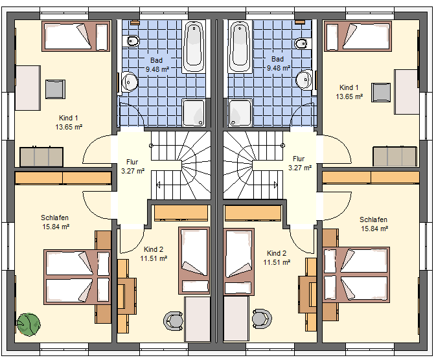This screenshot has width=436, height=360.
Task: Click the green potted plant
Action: click(x=29, y=324)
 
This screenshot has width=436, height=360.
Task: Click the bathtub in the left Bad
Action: click(x=194, y=47)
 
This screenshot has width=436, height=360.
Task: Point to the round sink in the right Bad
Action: click(x=304, y=80)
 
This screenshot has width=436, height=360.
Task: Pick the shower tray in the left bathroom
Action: click(x=194, y=113)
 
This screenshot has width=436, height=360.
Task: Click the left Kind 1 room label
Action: click(x=69, y=118)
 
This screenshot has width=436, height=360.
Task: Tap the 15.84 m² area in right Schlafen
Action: click(x=374, y=229)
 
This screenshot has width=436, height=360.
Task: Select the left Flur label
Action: click(x=132, y=162)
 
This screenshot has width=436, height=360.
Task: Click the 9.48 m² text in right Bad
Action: click(x=279, y=68)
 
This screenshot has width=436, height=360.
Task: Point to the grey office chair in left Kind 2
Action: click(x=174, y=321)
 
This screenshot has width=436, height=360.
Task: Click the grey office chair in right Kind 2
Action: click(x=262, y=319)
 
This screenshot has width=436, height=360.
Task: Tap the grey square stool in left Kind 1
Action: click(x=55, y=89)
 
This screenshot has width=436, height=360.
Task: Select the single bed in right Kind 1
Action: click(x=358, y=36)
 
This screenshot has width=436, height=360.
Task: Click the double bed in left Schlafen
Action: click(x=77, y=277)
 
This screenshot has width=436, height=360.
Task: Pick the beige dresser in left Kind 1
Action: click(x=41, y=157)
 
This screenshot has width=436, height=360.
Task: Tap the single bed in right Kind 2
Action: click(x=238, y=262)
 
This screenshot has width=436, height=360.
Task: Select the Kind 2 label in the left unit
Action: click(x=154, y=249)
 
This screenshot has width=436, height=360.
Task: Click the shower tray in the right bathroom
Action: click(x=240, y=113)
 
